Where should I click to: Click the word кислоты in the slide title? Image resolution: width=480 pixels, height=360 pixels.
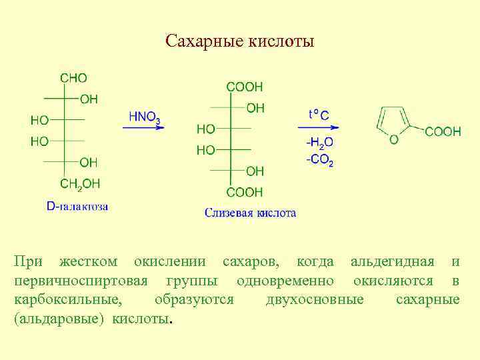[x=281, y=42]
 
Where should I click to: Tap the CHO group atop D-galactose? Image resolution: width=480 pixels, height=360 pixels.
[x=73, y=78]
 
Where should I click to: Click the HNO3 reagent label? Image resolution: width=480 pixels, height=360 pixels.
[x=144, y=117]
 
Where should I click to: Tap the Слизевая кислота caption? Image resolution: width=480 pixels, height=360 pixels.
[x=250, y=213]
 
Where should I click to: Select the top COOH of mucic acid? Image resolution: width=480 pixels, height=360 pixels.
[x=245, y=87]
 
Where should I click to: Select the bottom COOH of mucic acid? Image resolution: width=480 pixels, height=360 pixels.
[x=245, y=193]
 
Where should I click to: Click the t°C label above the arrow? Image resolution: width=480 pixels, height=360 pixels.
[x=318, y=115]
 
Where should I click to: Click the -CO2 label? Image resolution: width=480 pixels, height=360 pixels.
[x=320, y=161]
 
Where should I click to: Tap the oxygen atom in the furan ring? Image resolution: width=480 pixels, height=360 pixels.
[x=394, y=139]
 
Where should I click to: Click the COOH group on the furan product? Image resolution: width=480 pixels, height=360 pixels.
[x=442, y=131]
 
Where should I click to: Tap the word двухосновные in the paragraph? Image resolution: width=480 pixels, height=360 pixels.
[x=315, y=299]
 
